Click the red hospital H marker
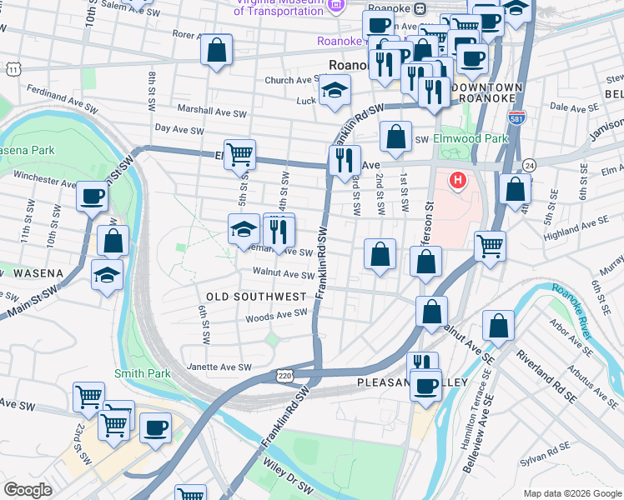click(x=457, y=179)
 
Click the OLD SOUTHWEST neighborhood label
click(x=256, y=297)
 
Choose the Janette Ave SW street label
click(x=221, y=367)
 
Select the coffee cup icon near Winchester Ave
click(x=92, y=197)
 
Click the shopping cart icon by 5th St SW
click(x=239, y=153)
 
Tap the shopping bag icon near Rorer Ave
click(x=216, y=50)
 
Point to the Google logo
click(x=28, y=490)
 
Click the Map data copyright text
click(x=571, y=493)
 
